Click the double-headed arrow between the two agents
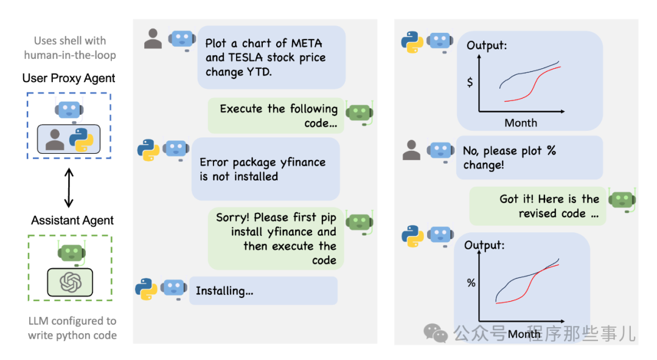coord(69,187)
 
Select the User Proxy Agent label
coord(69,78)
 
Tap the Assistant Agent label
coord(72,220)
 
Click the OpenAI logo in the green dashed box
coord(70,282)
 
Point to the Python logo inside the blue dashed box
coord(82,139)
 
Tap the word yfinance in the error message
coord(302,162)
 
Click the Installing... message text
coord(224,291)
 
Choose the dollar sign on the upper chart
coord(470,82)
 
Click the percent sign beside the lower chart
coord(471,283)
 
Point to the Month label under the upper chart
coord(521,123)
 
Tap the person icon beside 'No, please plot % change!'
coord(412,150)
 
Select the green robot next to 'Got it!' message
coord(622,201)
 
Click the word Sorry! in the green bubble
coord(233,217)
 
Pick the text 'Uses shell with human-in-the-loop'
coord(70,47)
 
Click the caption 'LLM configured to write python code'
coord(72,328)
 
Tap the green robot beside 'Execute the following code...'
coord(358,112)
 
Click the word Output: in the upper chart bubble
coord(487,46)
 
